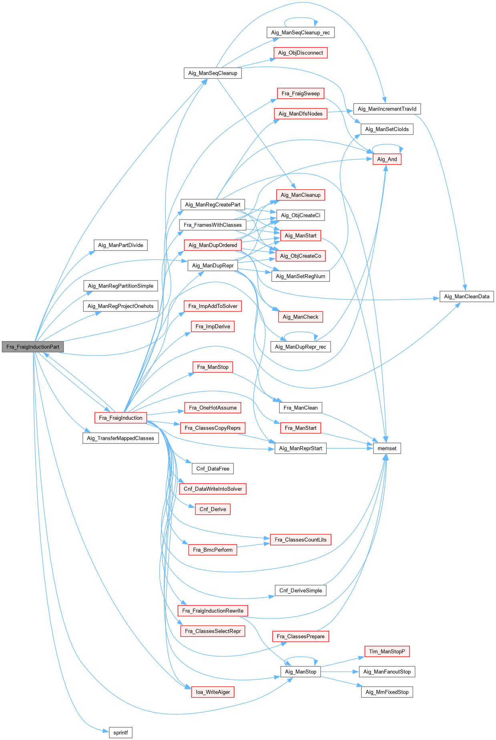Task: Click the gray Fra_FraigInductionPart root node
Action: (33, 347)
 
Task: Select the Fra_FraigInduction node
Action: (121, 418)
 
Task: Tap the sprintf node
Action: (121, 733)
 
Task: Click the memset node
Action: (387, 448)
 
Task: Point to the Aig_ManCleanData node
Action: (466, 297)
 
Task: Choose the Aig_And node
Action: (387, 159)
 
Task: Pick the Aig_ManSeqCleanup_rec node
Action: (300, 32)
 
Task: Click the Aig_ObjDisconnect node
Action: (300, 53)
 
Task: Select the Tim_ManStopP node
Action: (387, 651)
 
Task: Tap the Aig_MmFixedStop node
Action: (387, 692)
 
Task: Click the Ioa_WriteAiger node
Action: (213, 692)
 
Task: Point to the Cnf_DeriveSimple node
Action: (300, 590)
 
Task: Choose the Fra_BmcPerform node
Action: (213, 550)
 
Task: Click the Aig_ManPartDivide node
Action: (121, 245)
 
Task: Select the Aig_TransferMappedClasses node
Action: (121, 438)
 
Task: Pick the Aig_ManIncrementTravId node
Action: (387, 109)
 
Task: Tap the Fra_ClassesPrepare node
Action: (300, 636)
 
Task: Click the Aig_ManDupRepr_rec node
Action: (300, 347)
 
